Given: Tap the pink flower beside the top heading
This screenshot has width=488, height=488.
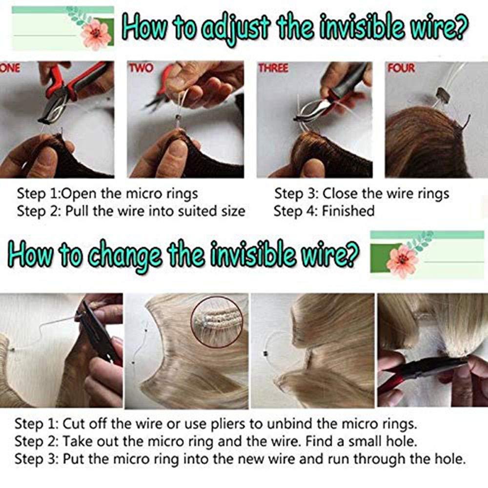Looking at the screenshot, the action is click(x=96, y=34).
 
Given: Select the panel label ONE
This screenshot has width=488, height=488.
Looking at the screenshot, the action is click(x=10, y=68).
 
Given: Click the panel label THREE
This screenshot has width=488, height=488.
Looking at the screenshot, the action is click(x=274, y=68).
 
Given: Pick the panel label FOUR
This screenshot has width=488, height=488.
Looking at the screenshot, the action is click(x=401, y=68).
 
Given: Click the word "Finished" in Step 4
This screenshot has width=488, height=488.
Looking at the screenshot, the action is click(x=348, y=211).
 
